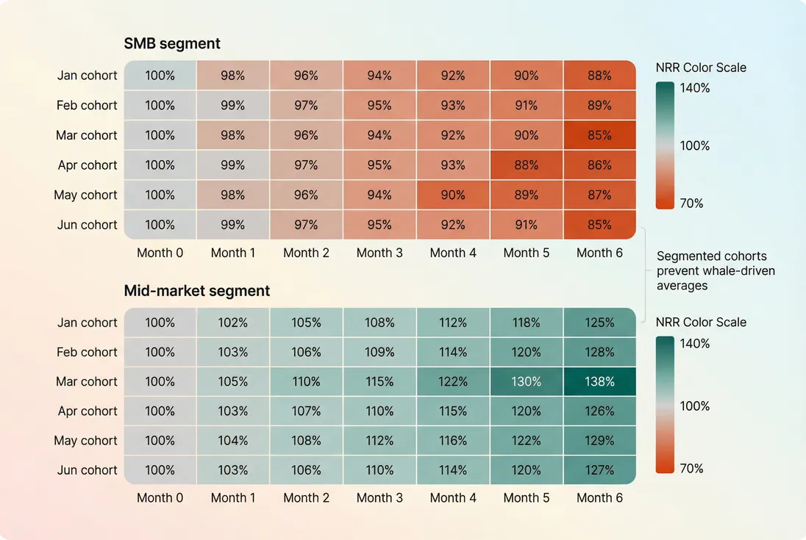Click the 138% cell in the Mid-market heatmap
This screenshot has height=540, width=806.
pyautogui.click(x=599, y=382)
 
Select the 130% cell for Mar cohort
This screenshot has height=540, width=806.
pyautogui.click(x=526, y=382)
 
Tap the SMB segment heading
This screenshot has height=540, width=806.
pyautogui.click(x=172, y=44)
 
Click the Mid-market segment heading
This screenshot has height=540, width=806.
pyautogui.click(x=197, y=291)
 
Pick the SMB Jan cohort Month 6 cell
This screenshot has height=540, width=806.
pyautogui.click(x=599, y=76)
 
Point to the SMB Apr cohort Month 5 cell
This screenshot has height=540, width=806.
pyautogui.click(x=526, y=165)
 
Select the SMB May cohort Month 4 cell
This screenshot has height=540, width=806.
pyautogui.click(x=453, y=195)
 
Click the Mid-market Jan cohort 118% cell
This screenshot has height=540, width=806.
pyautogui.click(x=526, y=323)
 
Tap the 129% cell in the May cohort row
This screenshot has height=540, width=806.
pyautogui.click(x=599, y=441)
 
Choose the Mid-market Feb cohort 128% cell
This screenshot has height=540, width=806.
pyautogui.click(x=599, y=352)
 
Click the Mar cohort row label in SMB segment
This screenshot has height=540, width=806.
pyautogui.click(x=87, y=135)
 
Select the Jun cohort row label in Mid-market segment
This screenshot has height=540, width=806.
pyautogui.click(x=87, y=470)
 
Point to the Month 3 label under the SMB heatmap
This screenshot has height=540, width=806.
pyautogui.click(x=379, y=253)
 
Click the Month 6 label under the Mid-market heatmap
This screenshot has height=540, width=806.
pyautogui.click(x=599, y=497)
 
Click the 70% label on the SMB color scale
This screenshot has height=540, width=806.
pyautogui.click(x=691, y=204)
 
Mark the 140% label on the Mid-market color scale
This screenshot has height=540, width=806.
pyautogui.click(x=694, y=343)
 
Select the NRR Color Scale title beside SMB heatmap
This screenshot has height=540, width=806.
pyautogui.click(x=700, y=68)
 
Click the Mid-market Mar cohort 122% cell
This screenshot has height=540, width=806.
pyautogui.click(x=453, y=382)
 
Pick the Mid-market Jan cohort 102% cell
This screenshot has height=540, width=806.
pyautogui.click(x=233, y=323)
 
